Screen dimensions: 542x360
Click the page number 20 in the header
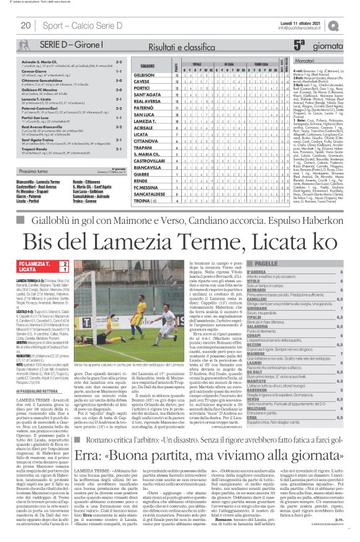tap(25, 25)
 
